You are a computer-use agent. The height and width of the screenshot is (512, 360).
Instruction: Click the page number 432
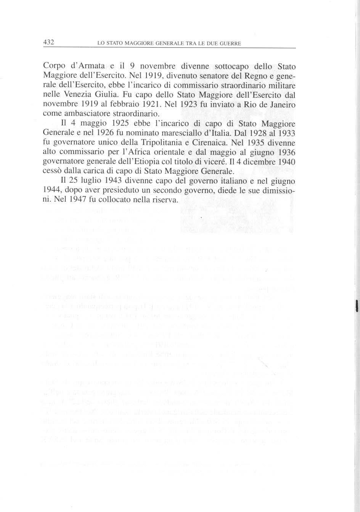49,42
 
